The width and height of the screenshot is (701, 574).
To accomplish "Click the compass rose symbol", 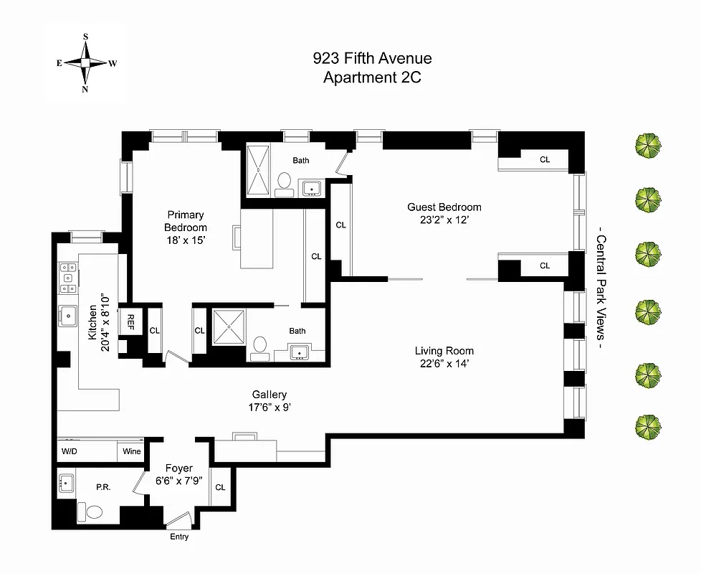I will [85, 62].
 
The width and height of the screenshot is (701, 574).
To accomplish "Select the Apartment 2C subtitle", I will [372, 77].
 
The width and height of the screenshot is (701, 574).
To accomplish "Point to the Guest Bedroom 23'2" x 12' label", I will [444, 214].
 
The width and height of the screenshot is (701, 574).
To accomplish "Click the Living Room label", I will [444, 357].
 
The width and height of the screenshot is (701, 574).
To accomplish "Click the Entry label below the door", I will [179, 537].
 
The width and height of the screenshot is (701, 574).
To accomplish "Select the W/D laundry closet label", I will [70, 451].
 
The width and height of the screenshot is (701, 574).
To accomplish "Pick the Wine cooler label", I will [131, 451].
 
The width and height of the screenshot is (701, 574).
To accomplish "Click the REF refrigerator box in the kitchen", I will [133, 319].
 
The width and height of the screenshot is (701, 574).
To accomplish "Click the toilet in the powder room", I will [91, 512].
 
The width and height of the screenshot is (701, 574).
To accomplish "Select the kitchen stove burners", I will [68, 277].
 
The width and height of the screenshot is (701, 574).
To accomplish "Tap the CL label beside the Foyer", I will [220, 487].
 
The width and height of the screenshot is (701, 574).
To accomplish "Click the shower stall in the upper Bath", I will [257, 170].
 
